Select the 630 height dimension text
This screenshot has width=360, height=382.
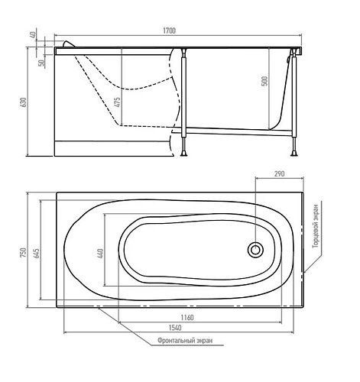pos(24,102)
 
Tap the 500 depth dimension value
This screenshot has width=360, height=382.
pos(264,82)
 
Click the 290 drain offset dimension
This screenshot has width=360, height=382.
pos(279,174)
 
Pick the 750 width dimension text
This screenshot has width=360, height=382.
pos(24,251)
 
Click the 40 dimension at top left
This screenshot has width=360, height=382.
pos(34,37)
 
